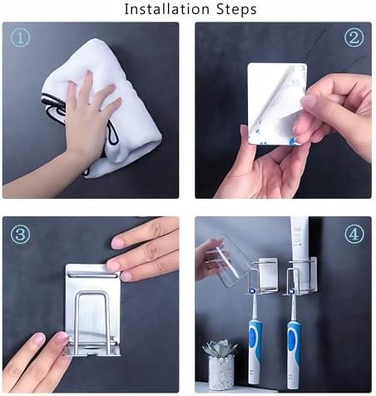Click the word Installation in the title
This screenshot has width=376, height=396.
[166, 9]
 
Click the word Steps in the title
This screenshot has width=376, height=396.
[236, 9]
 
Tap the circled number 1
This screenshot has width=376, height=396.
[20, 37]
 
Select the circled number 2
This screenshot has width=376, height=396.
[354, 37]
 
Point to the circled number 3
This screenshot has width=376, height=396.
[20, 235]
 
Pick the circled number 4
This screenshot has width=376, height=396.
[354, 235]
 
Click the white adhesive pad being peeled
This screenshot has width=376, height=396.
[277, 103]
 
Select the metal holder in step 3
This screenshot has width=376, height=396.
[93, 309]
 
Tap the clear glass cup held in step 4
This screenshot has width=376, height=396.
[231, 260]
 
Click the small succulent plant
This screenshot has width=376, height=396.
[220, 349]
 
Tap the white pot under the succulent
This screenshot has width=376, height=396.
[221, 373]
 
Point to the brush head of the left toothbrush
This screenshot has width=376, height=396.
[253, 290]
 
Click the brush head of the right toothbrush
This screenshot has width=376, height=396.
[292, 291]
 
